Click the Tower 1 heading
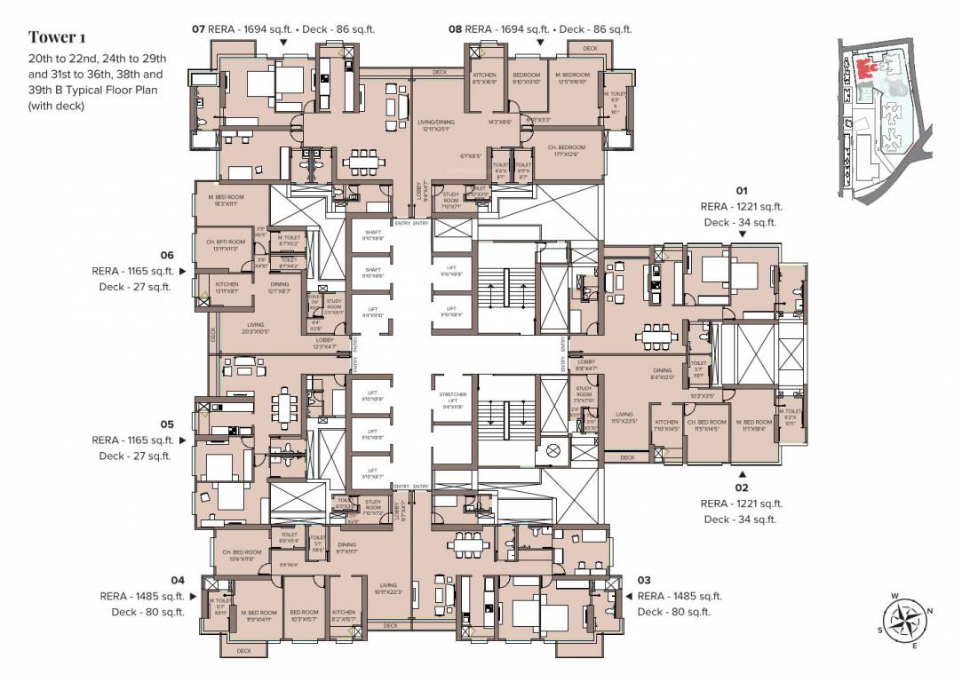[58, 36]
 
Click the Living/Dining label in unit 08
[434, 125]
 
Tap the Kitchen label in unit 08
[484, 77]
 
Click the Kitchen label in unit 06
[227, 287]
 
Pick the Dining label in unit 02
[663, 373]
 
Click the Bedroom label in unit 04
[304, 614]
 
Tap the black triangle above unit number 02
[742, 472]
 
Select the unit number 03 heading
[646, 580]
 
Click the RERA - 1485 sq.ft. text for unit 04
[142, 596]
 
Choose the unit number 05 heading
[167, 424]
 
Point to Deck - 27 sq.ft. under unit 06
[134, 287]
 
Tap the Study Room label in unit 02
[584, 391]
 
